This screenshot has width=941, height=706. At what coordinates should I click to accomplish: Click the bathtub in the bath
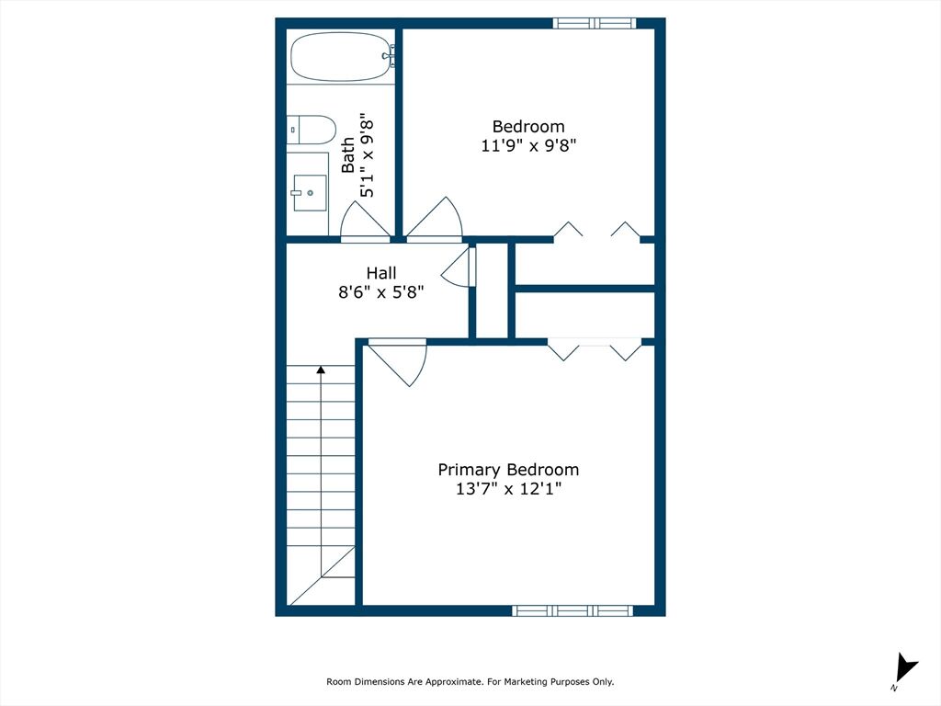tap(340, 57)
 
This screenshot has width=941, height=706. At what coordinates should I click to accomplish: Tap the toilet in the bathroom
tap(311, 130)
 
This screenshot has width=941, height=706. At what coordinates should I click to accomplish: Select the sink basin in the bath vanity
tap(310, 193)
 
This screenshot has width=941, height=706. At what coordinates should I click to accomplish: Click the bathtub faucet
tap(389, 56)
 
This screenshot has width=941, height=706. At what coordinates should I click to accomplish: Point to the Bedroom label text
tap(528, 126)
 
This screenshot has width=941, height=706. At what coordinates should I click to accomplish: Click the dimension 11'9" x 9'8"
tap(528, 145)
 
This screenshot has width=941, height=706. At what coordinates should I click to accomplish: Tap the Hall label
tap(381, 273)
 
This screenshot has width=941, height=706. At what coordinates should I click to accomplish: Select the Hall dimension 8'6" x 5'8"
tap(381, 292)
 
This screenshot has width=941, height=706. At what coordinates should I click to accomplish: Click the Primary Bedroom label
tap(508, 470)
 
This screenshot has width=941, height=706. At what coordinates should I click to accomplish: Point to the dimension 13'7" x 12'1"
tap(508, 489)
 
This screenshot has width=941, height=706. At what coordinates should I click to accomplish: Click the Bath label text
tap(348, 155)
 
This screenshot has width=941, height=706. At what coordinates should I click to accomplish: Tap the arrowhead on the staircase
tap(321, 370)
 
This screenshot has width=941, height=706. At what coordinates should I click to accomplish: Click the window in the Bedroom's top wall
tap(595, 23)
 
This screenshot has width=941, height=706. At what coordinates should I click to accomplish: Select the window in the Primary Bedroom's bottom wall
tap(573, 610)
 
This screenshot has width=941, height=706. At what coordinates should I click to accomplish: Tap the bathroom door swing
tap(365, 221)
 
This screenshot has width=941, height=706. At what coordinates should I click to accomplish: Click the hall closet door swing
tap(459, 268)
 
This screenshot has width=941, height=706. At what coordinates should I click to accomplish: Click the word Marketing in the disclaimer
tap(526, 681)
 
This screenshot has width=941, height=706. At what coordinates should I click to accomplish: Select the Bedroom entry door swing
tap(435, 219)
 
